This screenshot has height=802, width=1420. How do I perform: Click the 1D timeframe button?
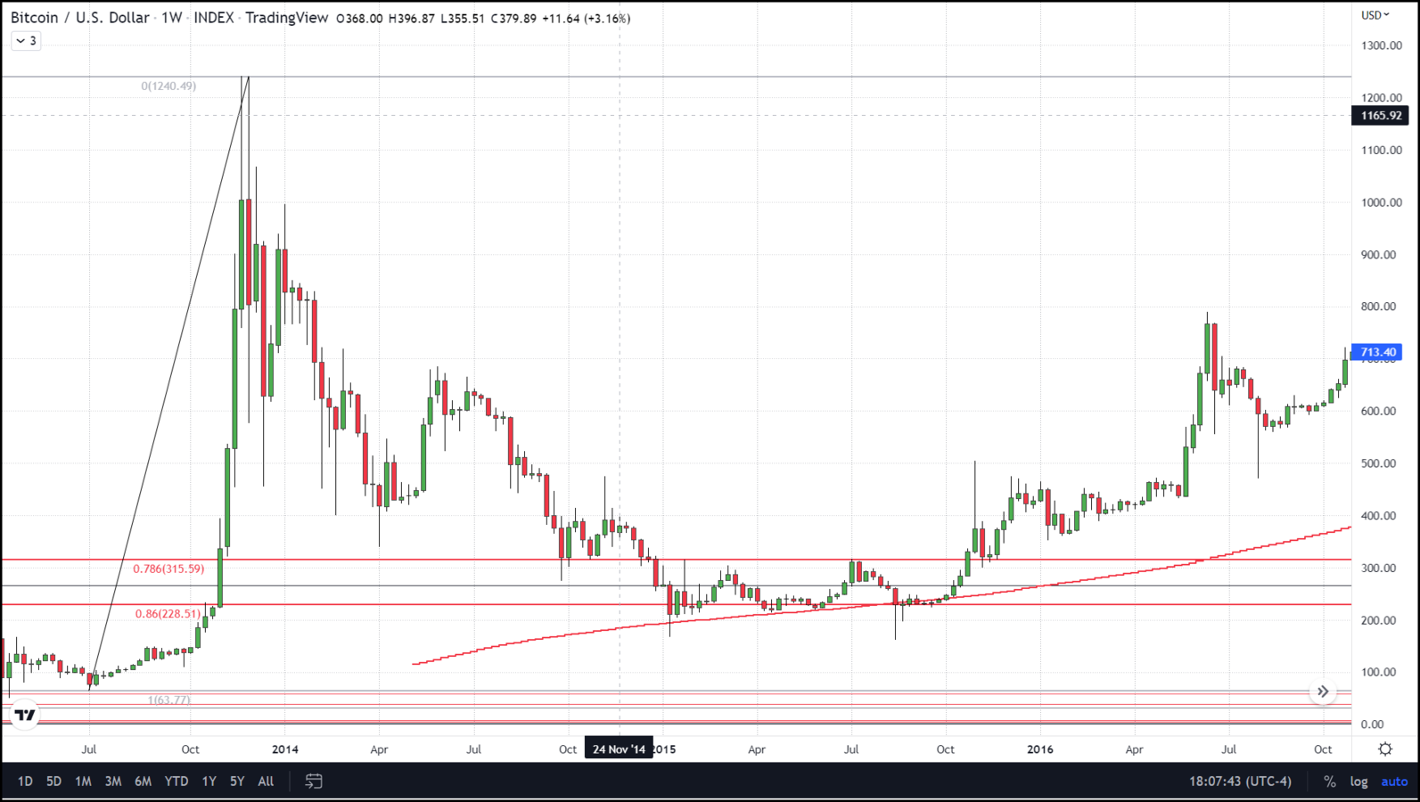pyautogui.click(x=25, y=782)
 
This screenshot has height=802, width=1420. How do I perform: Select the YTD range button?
pyautogui.click(x=176, y=782)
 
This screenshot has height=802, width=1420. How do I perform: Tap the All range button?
pyautogui.click(x=266, y=782)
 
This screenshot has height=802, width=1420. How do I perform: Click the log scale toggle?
pyautogui.click(x=1358, y=782)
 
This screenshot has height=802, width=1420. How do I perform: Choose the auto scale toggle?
pyautogui.click(x=1394, y=782)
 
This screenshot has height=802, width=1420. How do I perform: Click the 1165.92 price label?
pyautogui.click(x=1380, y=116)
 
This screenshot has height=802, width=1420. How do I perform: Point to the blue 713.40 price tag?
pyautogui.click(x=1377, y=353)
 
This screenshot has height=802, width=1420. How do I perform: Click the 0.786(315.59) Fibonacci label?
pyautogui.click(x=168, y=569)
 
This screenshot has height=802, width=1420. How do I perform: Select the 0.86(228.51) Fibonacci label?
pyautogui.click(x=168, y=614)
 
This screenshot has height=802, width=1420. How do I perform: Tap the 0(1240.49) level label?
pyautogui.click(x=168, y=86)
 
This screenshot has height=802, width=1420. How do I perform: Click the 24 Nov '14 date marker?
pyautogui.click(x=619, y=749)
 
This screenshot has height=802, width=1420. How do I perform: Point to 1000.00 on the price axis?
pyautogui.click(x=1381, y=202)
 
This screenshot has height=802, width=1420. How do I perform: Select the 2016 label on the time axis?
pyautogui.click(x=1039, y=749)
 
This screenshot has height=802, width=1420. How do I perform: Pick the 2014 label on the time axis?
pyautogui.click(x=285, y=749)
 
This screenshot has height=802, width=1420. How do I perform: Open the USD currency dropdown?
pyautogui.click(x=1375, y=15)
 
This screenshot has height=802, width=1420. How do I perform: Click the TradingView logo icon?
pyautogui.click(x=25, y=715)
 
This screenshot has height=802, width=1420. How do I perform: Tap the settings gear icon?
pyautogui.click(x=1385, y=749)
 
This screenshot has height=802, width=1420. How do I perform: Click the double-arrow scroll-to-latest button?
pyautogui.click(x=1323, y=692)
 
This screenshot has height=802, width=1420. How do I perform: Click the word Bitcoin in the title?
pyautogui.click(x=33, y=18)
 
